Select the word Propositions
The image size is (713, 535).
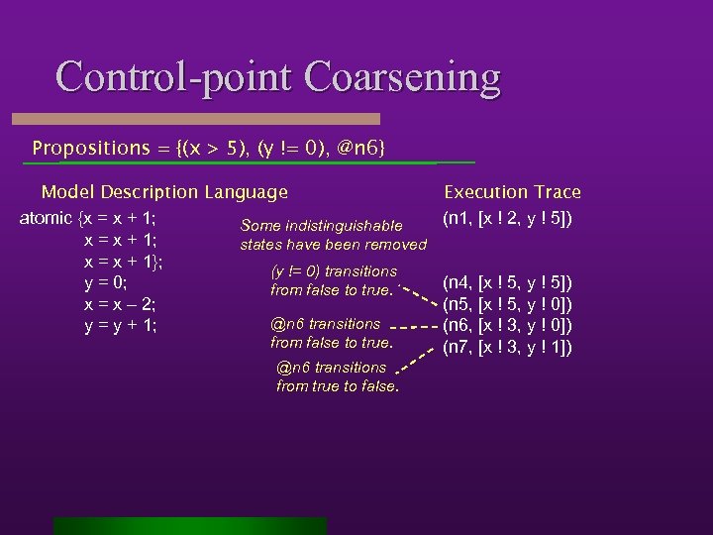(90, 148)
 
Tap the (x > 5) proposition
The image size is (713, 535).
(213, 148)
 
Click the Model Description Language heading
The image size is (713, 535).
(164, 192)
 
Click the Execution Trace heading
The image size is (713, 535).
(512, 192)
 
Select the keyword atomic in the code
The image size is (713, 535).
(46, 218)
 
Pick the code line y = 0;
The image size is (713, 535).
(107, 283)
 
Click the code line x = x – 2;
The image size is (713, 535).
(122, 305)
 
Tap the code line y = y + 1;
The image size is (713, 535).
(122, 326)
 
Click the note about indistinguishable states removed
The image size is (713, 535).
(333, 235)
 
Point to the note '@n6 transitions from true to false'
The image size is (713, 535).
(338, 376)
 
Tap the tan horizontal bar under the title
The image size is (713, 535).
(209, 118)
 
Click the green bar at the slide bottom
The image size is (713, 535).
(189, 525)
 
